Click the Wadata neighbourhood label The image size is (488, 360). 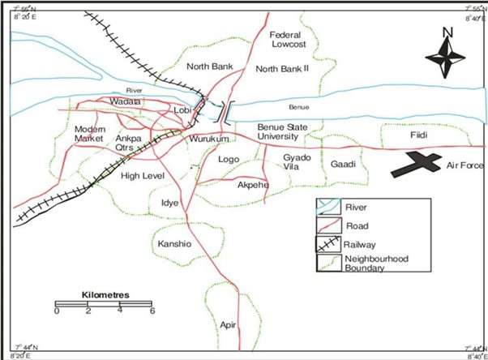(x=125, y=102)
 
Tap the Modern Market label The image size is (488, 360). (x=91, y=135)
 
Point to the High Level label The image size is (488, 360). (x=142, y=176)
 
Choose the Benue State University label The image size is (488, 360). (x=285, y=132)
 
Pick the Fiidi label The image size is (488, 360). (x=418, y=135)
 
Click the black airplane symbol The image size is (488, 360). (x=415, y=165)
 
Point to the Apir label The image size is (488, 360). (x=228, y=324)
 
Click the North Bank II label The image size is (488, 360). (x=283, y=69)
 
